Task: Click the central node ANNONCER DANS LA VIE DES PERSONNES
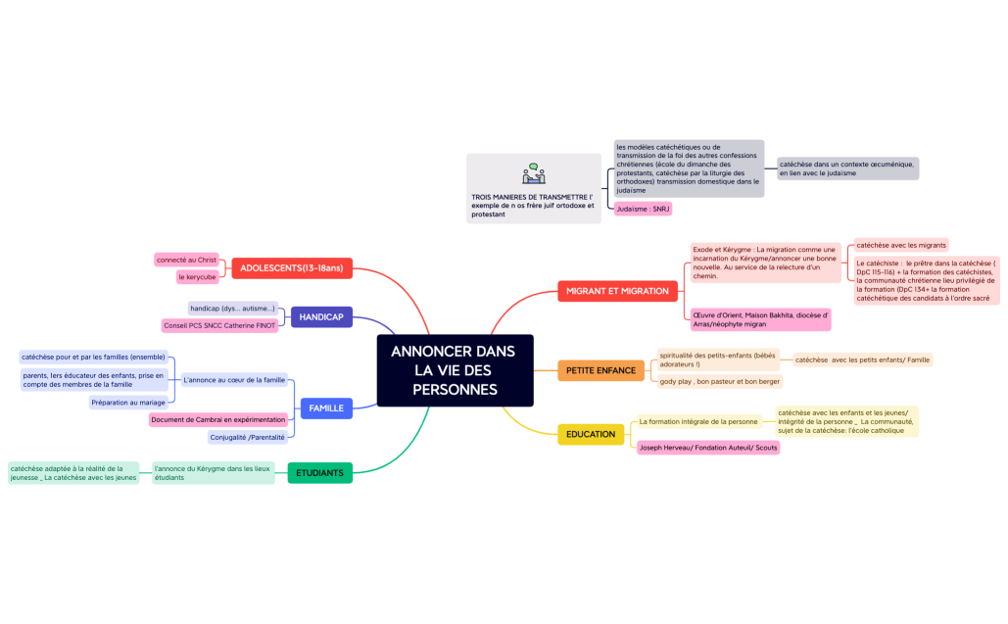pos(455,370)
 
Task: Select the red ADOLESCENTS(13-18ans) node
pos(291,267)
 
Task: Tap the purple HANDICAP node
pos(321,316)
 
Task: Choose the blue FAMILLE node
pos(325,408)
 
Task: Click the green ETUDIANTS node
pos(319,473)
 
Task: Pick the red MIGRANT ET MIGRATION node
pos(618,291)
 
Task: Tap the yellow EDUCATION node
pos(591,434)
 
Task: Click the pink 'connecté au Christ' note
pos(186,260)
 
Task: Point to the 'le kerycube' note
pos(197,277)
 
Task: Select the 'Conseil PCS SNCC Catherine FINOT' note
pos(219,325)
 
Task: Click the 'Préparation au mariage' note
pos(128,402)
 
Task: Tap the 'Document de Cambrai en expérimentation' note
pos(218,419)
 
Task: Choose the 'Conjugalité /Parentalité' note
pos(247,437)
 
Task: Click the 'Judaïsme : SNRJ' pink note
pos(643,209)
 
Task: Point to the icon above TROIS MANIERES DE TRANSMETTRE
pos(534,174)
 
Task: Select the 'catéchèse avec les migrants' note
pos(900,244)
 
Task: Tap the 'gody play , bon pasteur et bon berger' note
pos(720,381)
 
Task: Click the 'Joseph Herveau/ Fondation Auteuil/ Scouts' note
pos(708,448)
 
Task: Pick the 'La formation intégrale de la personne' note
pos(698,421)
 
